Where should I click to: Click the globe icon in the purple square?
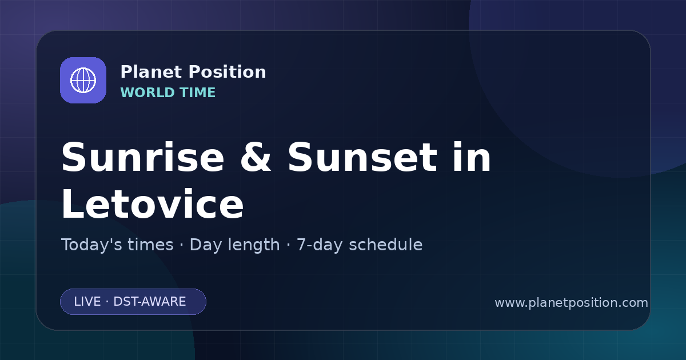tap(83, 80)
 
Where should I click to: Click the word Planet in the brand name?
tap(151, 72)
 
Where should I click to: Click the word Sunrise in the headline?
tap(143, 157)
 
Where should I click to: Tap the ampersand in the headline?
tap(256, 157)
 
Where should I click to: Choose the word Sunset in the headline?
tap(362, 157)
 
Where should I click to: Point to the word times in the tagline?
tap(150, 245)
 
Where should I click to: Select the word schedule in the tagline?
tap(386, 245)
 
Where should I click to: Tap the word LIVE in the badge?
tap(87, 302)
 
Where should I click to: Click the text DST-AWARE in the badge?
tap(149, 302)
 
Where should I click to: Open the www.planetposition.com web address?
tap(572, 303)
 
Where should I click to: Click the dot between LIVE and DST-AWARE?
tap(107, 302)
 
